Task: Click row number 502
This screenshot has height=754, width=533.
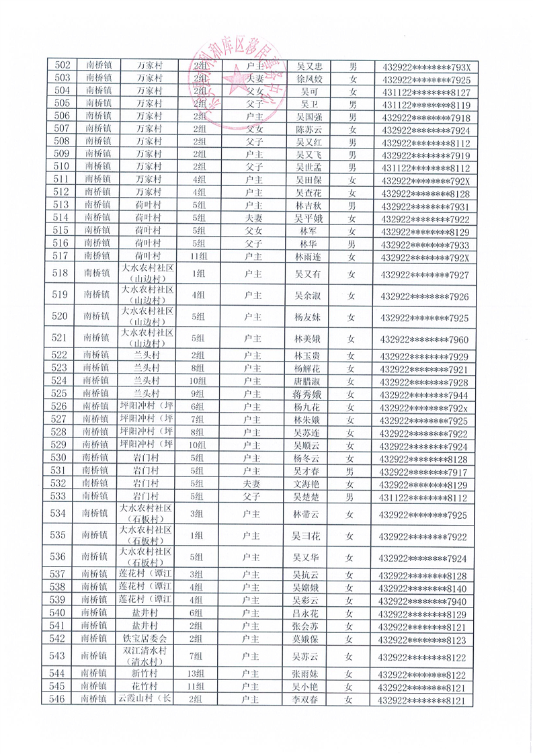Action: point(63,66)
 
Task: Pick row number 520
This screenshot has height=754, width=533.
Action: point(63,317)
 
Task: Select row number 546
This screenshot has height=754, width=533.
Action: point(63,700)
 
